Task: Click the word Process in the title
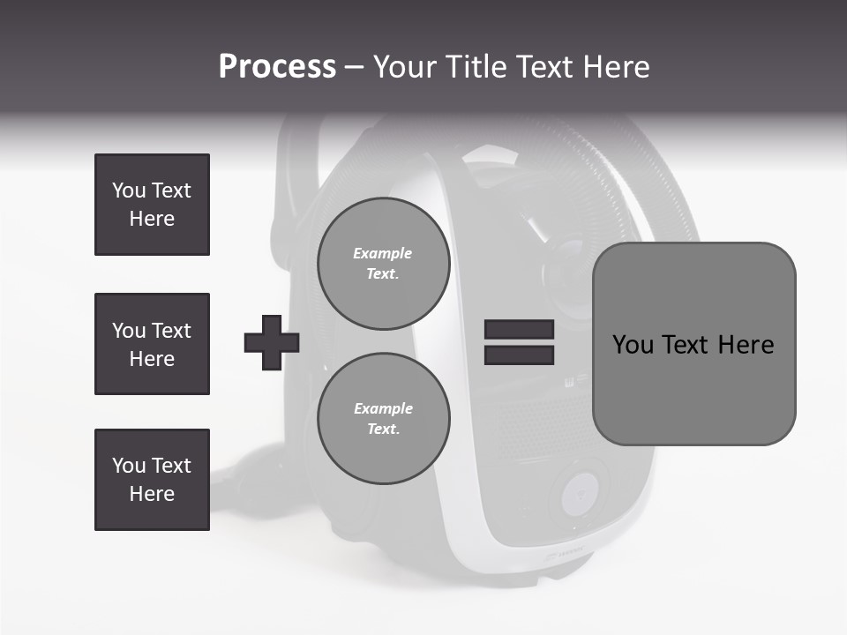[x=277, y=67]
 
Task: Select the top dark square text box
[x=152, y=205]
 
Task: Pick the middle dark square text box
[x=152, y=344]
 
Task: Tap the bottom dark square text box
[x=152, y=480]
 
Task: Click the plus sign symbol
[x=271, y=342]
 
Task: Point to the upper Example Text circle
[x=383, y=264]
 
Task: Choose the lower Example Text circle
[x=383, y=419]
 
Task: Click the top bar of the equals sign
[x=519, y=330]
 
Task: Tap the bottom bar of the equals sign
[x=519, y=355]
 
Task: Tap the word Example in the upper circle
[x=383, y=253]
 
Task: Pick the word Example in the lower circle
[x=383, y=408]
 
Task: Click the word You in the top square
[x=128, y=190]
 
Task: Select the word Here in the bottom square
[x=152, y=494]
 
